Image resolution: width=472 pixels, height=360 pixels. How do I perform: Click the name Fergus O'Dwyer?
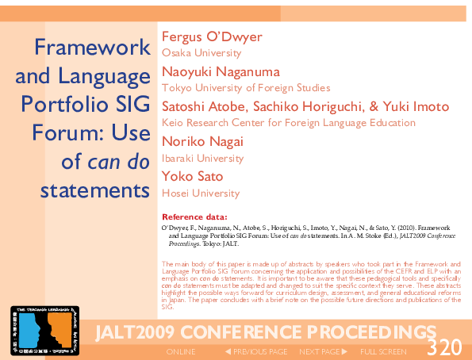click(x=212, y=37)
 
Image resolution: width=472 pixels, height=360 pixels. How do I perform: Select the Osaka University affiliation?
click(x=201, y=53)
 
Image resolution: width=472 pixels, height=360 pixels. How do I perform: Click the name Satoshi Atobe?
click(x=203, y=107)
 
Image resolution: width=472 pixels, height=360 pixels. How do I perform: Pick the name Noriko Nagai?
click(x=202, y=142)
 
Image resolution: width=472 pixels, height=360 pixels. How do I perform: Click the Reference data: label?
click(x=194, y=216)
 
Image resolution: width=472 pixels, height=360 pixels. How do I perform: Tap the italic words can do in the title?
click(x=118, y=162)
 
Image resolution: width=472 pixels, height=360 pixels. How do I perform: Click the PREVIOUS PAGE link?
click(x=257, y=350)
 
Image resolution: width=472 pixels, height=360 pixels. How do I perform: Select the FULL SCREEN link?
click(x=384, y=350)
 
